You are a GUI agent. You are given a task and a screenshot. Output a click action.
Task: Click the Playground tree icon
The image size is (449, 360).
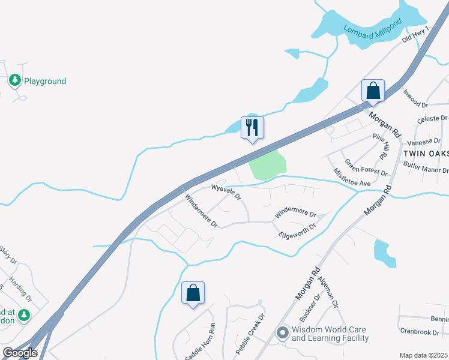click(15, 80)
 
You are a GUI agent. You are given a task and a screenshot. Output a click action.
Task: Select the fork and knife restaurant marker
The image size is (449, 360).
click(252, 127)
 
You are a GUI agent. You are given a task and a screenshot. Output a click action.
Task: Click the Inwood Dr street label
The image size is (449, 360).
click(415, 98)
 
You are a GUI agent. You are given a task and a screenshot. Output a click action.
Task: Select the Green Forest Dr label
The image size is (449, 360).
click(366, 168)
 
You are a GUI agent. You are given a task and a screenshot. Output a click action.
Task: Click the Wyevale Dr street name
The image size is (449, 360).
click(225, 191)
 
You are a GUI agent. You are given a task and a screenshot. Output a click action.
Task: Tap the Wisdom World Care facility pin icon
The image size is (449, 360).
click(282, 332)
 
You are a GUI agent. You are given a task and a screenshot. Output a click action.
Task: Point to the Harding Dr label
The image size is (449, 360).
click(22, 290)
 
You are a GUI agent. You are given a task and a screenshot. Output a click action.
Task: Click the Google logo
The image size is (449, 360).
click(20, 353)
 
